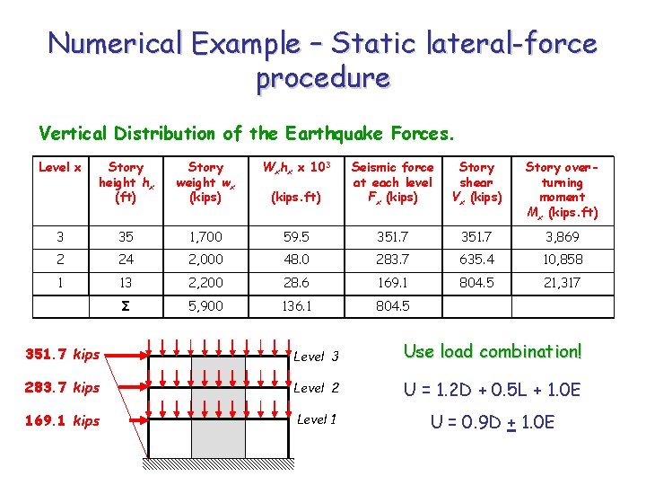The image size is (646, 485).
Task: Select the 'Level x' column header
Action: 61,167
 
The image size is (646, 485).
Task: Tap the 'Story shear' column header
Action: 476,181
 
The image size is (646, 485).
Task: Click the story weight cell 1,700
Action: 205,237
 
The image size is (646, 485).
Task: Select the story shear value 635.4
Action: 476,260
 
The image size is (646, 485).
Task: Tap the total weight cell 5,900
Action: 205,305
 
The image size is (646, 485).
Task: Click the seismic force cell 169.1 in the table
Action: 392,282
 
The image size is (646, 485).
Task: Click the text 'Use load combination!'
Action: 492,351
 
